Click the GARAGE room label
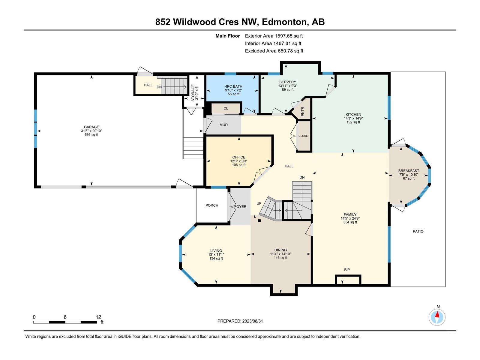pos(91,127)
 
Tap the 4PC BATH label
pos(233,86)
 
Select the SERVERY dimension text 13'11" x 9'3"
pos(288,86)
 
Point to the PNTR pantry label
pos(303,111)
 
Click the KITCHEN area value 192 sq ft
pos(353,122)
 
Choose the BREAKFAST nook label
pos(409,171)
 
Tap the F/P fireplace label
pos(347,270)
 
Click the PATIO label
pos(418,231)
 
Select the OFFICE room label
pos(239,157)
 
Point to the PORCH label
pos(212,205)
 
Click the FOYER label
pos(240,207)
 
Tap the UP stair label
pos(259,203)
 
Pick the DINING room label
pos(280,250)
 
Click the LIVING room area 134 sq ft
pos(216,258)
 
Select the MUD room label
pos(223,125)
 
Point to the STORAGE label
pos(193,93)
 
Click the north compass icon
pos(437,317)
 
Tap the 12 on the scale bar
pos(98,317)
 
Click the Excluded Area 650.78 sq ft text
pos(274,51)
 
